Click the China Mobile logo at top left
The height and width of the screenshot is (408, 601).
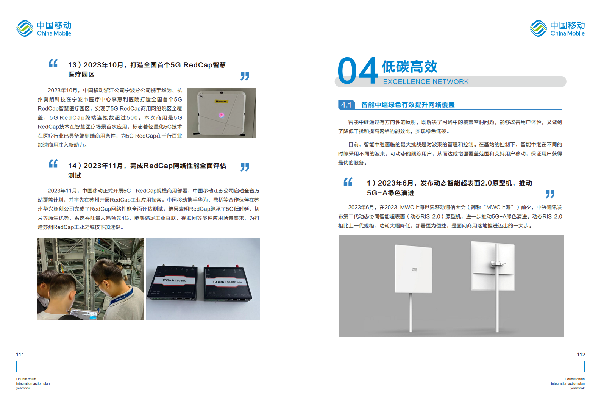tap(44, 28)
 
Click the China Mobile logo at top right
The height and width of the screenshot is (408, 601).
tap(557, 28)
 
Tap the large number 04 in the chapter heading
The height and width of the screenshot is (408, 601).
tap(357, 71)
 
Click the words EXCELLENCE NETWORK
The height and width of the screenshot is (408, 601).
tap(426, 82)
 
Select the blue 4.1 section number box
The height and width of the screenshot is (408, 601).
tap(346, 105)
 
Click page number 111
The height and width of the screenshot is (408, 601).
tap(20, 355)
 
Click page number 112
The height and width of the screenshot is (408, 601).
tap(581, 355)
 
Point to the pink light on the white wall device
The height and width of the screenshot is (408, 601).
tap(222, 115)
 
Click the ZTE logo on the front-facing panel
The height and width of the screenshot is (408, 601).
tap(414, 270)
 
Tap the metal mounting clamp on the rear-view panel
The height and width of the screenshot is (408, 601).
tap(496, 263)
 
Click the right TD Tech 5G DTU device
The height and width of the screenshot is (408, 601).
tap(227, 284)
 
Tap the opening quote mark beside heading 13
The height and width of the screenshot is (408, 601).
tap(53, 63)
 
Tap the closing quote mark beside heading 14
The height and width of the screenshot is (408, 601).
tap(245, 167)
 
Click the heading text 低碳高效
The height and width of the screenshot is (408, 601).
tap(409, 67)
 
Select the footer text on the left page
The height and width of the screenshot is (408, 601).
tap(33, 383)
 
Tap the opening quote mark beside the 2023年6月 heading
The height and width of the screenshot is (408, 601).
tap(348, 182)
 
